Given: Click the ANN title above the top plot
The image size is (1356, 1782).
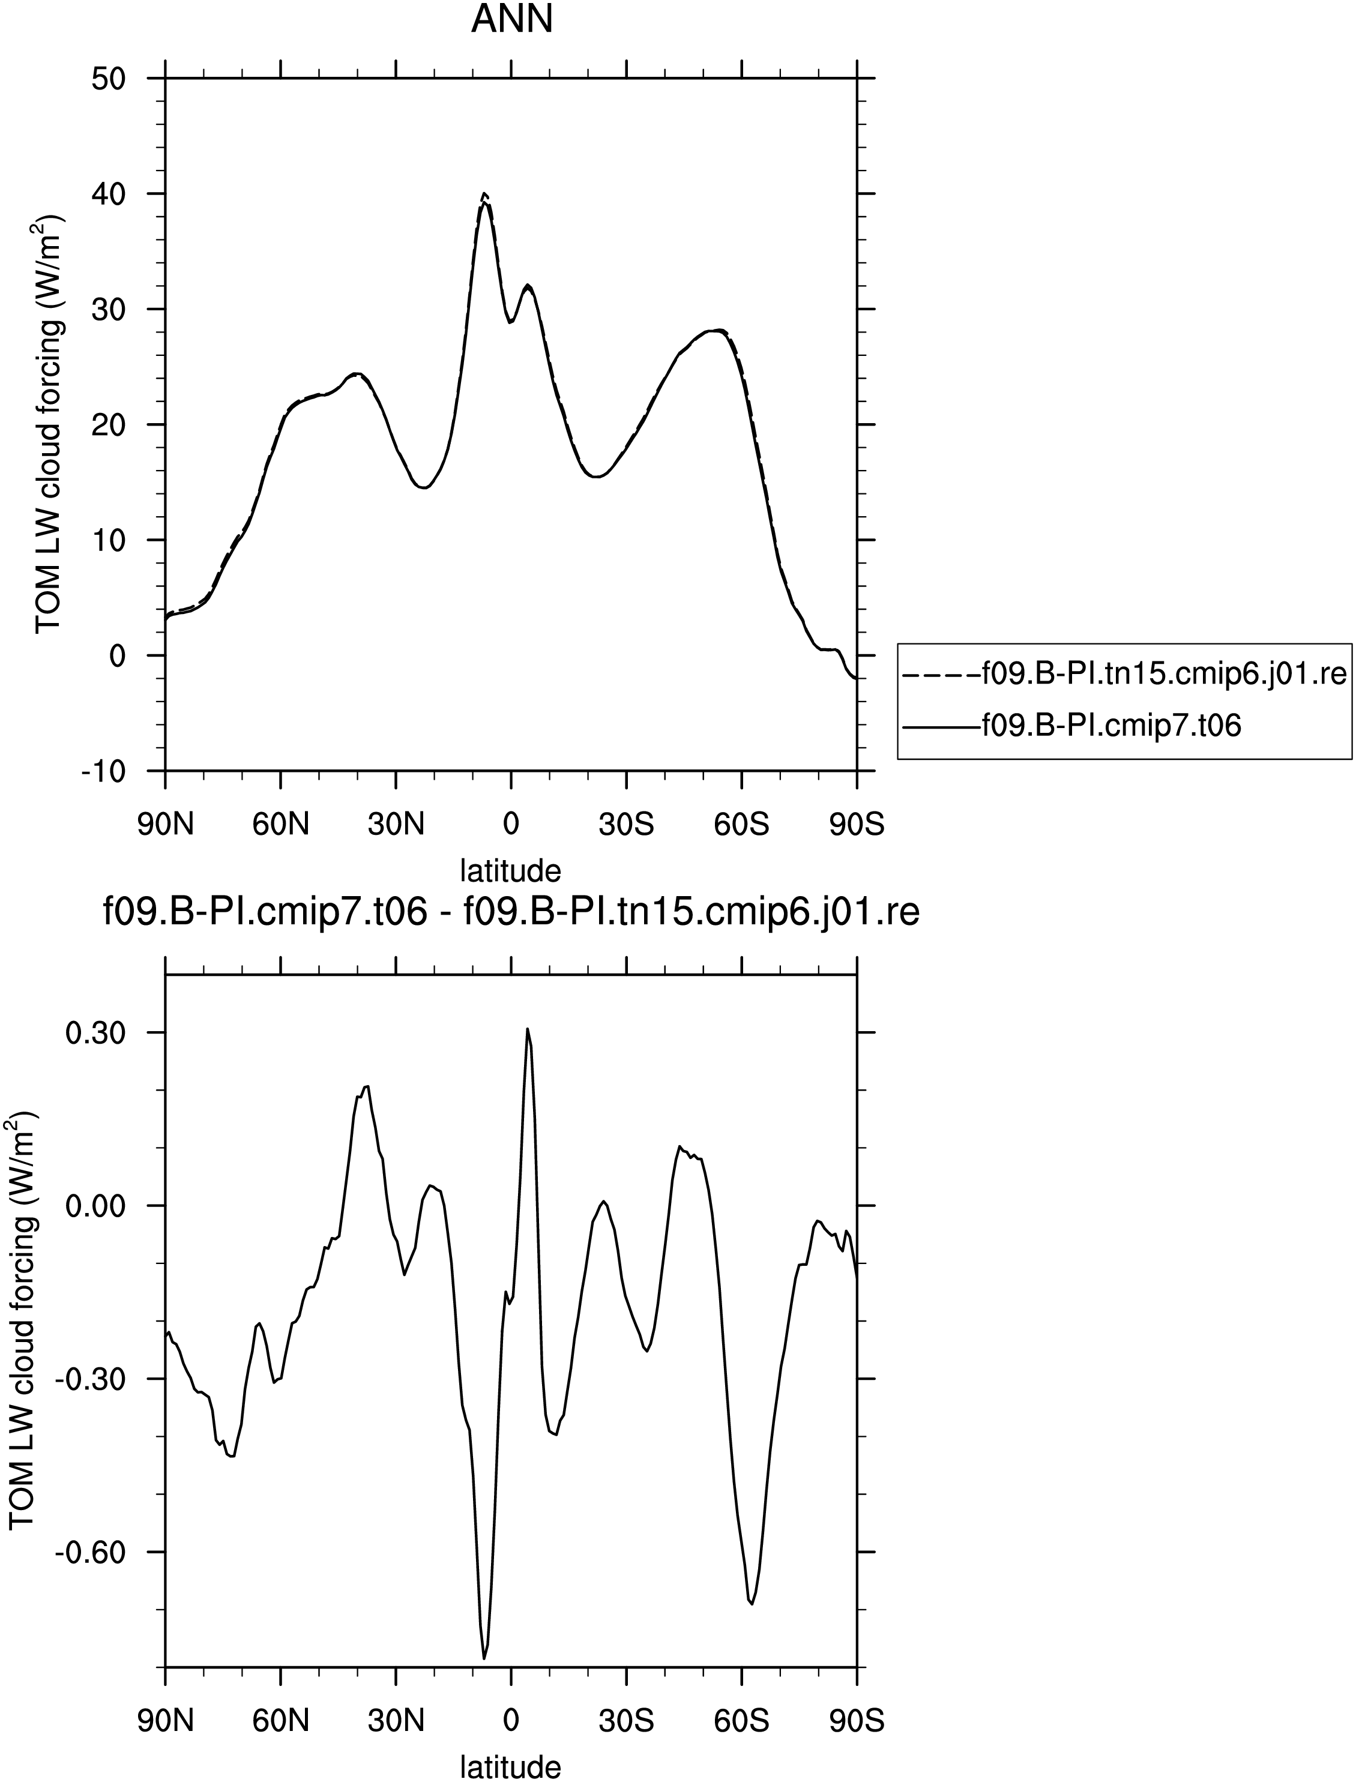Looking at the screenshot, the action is tap(512, 19).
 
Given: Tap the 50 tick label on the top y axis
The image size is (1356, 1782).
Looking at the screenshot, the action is tap(108, 79).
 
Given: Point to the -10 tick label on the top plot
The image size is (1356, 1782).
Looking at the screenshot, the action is tap(103, 771).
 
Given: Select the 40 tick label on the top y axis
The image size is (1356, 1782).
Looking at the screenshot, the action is tap(108, 194).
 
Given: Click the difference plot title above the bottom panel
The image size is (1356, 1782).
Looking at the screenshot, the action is tap(512, 912).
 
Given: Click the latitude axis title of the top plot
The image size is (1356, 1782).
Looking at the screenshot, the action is tap(511, 871).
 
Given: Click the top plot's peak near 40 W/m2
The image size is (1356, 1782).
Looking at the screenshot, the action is tap(484, 194).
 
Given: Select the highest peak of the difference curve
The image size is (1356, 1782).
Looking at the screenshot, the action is tap(527, 1029).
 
